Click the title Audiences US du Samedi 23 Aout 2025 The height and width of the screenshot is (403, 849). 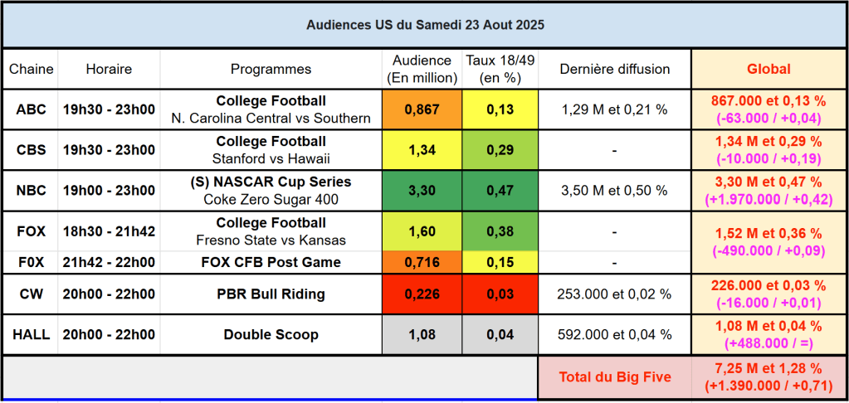click(x=425, y=25)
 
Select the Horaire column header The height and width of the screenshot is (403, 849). click(x=109, y=70)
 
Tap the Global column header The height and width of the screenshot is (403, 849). click(x=768, y=70)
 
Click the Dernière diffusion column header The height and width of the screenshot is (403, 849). click(x=614, y=70)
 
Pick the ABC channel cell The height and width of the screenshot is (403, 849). click(x=31, y=109)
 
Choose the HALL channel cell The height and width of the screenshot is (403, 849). click(x=31, y=335)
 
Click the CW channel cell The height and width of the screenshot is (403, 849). click(x=31, y=294)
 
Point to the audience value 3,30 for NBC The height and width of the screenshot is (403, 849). click(x=422, y=191)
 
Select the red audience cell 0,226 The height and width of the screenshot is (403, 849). click(x=422, y=294)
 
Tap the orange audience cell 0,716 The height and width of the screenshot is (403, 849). click(x=422, y=263)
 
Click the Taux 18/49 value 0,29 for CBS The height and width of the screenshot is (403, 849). click(x=500, y=150)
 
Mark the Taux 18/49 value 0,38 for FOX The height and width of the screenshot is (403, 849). click(x=500, y=231)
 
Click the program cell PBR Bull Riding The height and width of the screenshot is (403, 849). click(x=271, y=294)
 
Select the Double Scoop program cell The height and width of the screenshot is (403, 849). click(x=271, y=335)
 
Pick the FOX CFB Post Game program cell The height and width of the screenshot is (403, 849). click(x=271, y=263)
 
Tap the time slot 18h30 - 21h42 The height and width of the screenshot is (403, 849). click(x=109, y=231)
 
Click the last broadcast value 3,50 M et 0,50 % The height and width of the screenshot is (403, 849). click(x=614, y=191)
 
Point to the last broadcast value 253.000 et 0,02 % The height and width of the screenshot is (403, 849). click(x=614, y=294)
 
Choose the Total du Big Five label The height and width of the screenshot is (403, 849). click(x=614, y=377)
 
